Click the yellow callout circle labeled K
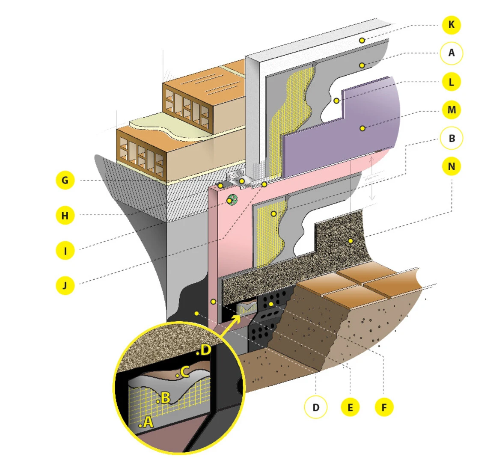(451, 25)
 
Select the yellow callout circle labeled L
(451, 82)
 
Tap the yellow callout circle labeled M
(451, 110)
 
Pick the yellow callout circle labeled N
(451, 166)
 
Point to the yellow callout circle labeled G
(65, 180)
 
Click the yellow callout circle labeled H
(65, 215)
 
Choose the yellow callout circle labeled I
(65, 250)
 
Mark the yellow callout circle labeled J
(65, 285)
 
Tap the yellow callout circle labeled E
(350, 407)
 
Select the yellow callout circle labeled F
(384, 407)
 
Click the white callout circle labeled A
(451, 53)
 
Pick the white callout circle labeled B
(451, 138)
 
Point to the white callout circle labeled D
(316, 407)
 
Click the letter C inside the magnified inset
(184, 372)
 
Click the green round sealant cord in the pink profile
(232, 199)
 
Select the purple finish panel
(342, 137)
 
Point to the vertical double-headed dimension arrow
(372, 178)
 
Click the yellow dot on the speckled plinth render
(351, 241)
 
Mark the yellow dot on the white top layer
(362, 40)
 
